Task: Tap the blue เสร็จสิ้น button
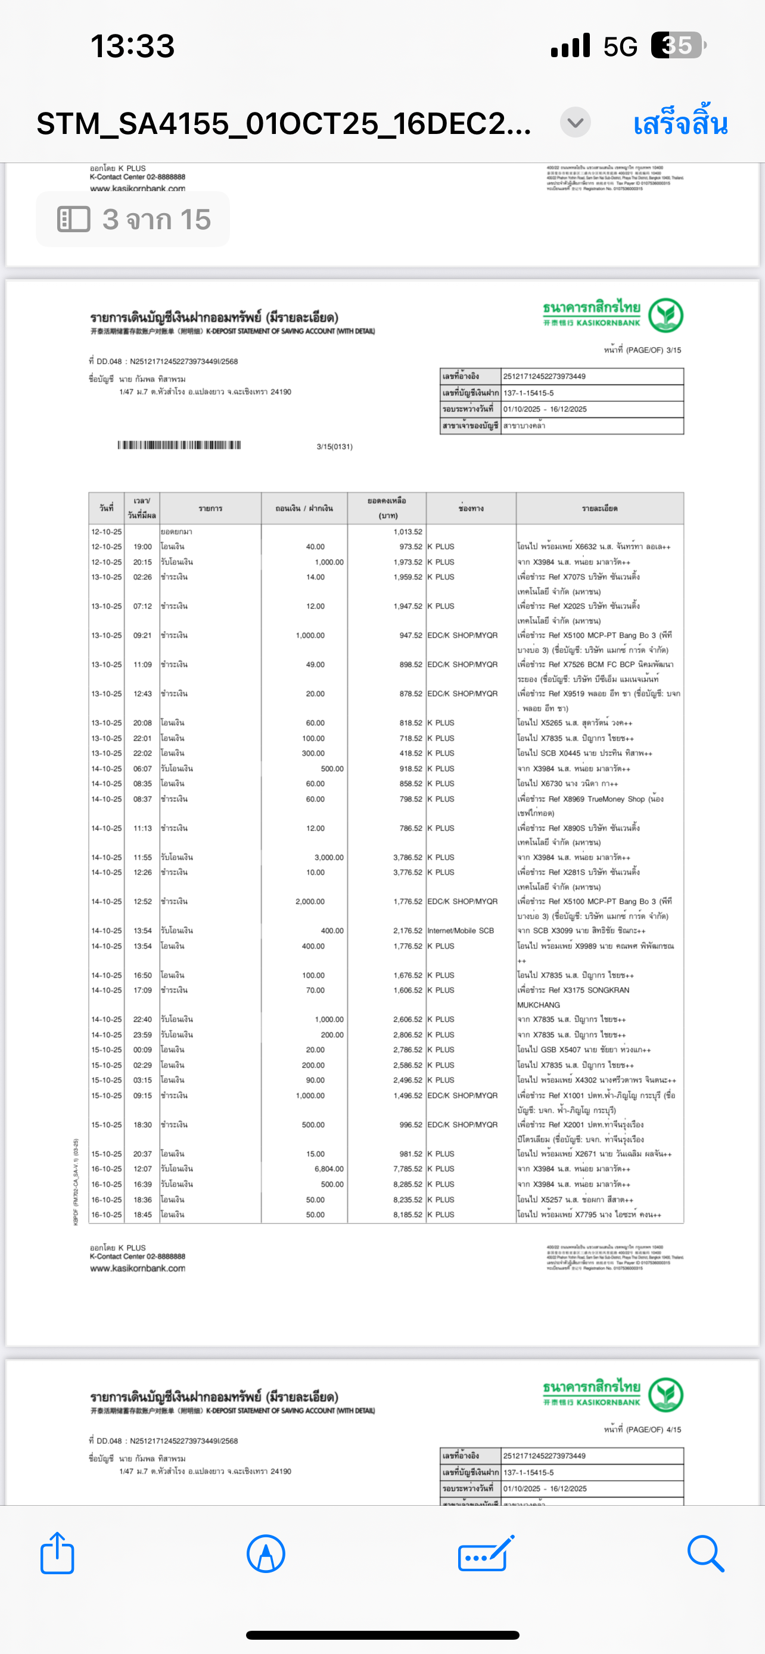[680, 123]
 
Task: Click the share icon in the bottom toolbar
[57, 1553]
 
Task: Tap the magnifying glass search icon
[705, 1553]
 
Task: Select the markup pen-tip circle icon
[265, 1553]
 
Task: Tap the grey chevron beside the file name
[575, 122]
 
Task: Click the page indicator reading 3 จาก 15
[133, 220]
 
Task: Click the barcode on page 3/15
[179, 445]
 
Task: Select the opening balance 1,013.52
[408, 532]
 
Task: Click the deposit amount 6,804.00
[329, 1169]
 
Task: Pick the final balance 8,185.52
[408, 1215]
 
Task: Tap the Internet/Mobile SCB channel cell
[461, 931]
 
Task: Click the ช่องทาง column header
[471, 508]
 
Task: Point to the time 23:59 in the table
[142, 1034]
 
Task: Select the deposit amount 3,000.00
[329, 857]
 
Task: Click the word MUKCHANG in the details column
[538, 1005]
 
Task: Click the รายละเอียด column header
[599, 508]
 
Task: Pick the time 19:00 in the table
[142, 547]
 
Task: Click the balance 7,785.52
[408, 1169]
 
